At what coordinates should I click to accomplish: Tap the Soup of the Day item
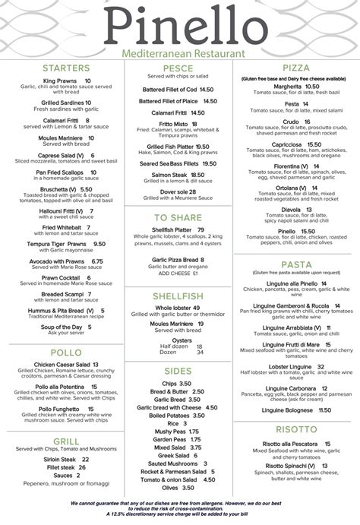tap(62, 327)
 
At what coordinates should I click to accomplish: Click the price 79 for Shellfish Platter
tap(201, 229)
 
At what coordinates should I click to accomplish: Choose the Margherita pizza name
tap(279, 87)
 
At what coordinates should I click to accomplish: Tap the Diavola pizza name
tap(291, 210)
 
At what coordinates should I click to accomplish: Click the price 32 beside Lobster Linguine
tap(321, 367)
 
